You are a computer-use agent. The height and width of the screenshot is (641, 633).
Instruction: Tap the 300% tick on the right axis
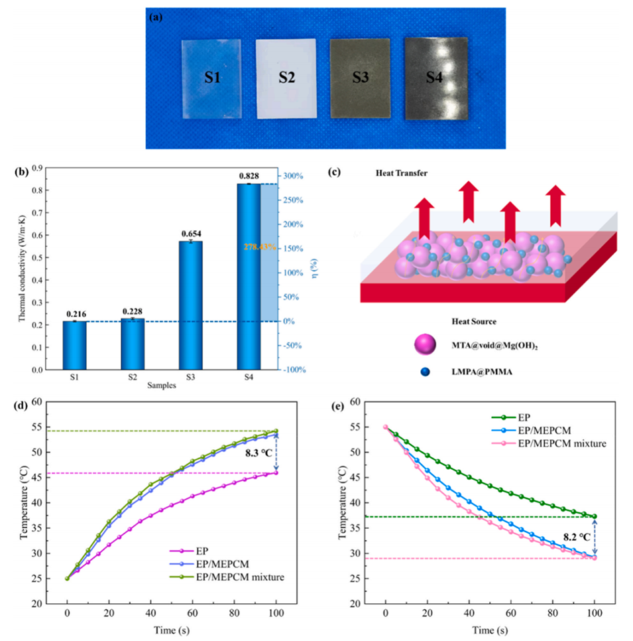(x=294, y=176)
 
